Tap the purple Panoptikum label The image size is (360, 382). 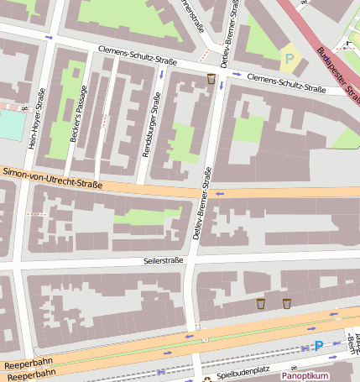point(304,376)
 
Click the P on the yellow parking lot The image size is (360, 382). point(290,58)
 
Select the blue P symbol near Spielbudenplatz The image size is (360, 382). point(318,345)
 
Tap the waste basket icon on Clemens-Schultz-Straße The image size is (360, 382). point(211,79)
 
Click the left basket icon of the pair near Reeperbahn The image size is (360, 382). point(260,303)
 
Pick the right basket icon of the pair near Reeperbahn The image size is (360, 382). point(287,303)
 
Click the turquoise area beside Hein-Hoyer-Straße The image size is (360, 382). point(10,124)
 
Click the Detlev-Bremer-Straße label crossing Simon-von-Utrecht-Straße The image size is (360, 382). point(202,201)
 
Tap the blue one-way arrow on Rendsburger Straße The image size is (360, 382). point(161,75)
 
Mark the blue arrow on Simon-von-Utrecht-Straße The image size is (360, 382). point(221,194)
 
